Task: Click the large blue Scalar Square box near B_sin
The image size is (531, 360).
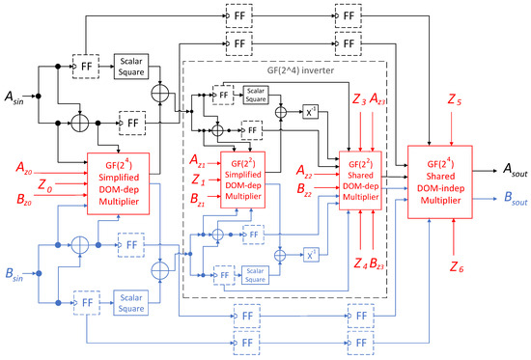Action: click(133, 299)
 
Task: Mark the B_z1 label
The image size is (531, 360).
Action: click(199, 200)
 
